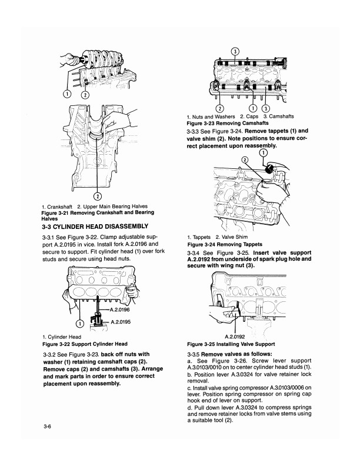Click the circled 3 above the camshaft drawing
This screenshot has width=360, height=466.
pos(235,51)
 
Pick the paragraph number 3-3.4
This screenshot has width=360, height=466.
pos(195,252)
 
